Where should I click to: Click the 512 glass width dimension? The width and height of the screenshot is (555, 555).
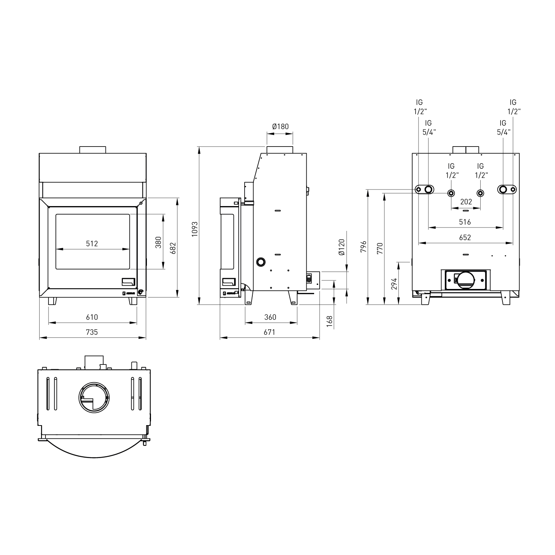pos(92,243)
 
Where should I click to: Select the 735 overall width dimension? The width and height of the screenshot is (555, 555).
pos(92,332)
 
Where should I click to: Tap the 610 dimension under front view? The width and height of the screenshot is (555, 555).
pos(92,317)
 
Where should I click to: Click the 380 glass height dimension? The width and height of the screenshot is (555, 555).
pos(158,242)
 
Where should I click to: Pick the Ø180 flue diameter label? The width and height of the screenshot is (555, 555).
pos(280,127)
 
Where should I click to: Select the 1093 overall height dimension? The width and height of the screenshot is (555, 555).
pos(195,229)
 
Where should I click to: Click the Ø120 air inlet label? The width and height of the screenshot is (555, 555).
pos(342,247)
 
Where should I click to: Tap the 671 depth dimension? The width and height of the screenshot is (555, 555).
pos(269,332)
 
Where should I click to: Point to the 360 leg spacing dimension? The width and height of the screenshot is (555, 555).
pos(270,317)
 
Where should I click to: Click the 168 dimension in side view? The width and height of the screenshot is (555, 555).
pos(330,321)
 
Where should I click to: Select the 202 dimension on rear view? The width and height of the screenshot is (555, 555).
pos(466,202)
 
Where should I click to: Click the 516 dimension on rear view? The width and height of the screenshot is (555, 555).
pos(465,222)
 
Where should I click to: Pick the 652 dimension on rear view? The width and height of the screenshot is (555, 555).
pos(465,237)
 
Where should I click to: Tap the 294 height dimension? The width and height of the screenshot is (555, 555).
pos(394,283)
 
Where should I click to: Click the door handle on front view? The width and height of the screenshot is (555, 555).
pos(129,282)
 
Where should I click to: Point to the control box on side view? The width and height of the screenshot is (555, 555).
pos(309,278)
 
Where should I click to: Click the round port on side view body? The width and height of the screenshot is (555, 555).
pos(261,261)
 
